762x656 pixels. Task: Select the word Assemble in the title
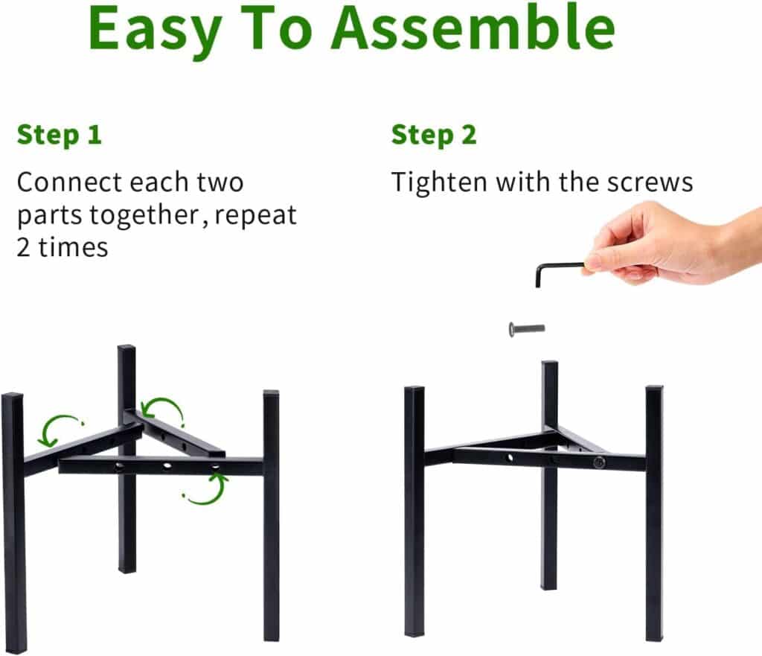[474, 28]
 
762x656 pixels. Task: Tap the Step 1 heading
[60, 136]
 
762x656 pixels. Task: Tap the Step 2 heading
[434, 136]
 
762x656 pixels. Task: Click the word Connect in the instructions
[69, 182]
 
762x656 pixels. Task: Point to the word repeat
[256, 215]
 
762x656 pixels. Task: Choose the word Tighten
[439, 183]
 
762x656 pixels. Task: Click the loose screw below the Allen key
[526, 329]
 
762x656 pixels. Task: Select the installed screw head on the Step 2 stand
[598, 462]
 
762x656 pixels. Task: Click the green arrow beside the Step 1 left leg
[57, 430]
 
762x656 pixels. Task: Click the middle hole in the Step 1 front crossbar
[167, 466]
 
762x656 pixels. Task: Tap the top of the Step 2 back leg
[550, 363]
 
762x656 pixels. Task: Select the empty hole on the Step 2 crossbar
[510, 457]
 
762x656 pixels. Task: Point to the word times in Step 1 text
[73, 247]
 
